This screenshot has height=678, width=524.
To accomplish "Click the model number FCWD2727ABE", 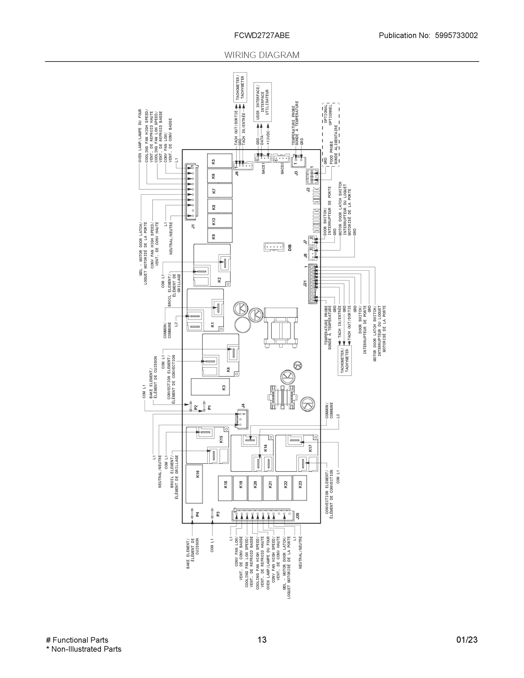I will [262, 35].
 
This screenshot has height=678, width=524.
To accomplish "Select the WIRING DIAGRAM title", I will [262, 55].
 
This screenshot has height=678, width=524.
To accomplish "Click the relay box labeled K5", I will [220, 161].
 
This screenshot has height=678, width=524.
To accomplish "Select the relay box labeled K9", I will [220, 236].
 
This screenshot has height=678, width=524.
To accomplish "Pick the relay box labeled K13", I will [220, 221].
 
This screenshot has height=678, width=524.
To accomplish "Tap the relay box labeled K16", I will [194, 484].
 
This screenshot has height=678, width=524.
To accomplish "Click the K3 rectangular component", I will [210, 387].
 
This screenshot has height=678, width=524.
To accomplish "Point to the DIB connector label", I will [290, 247].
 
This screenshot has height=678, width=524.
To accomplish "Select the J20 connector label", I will [298, 516].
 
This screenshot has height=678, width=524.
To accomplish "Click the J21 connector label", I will [305, 283].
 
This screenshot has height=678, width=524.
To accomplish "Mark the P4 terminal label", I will [197, 514].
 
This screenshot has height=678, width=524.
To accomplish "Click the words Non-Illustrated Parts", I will [86, 649].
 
